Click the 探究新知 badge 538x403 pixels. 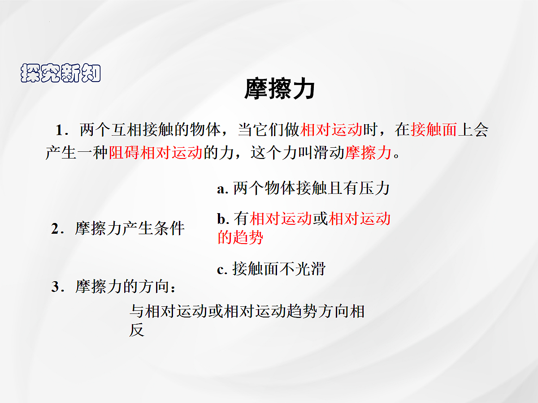click(x=61, y=73)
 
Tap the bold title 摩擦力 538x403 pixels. click(x=279, y=89)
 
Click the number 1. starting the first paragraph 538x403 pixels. click(x=61, y=130)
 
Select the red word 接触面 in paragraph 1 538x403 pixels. click(x=434, y=130)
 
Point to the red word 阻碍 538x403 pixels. click(x=124, y=153)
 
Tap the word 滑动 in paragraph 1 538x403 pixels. click(x=330, y=153)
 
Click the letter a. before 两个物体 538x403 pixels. click(x=223, y=189)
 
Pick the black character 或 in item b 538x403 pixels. click(x=321, y=219)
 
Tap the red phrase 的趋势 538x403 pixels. click(x=240, y=237)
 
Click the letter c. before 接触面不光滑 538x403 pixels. click(x=222, y=270)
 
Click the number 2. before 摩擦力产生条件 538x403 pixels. click(x=56, y=229)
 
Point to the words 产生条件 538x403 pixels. click(x=154, y=229)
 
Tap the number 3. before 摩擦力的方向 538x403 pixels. click(x=56, y=287)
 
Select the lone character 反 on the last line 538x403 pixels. click(x=137, y=330)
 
